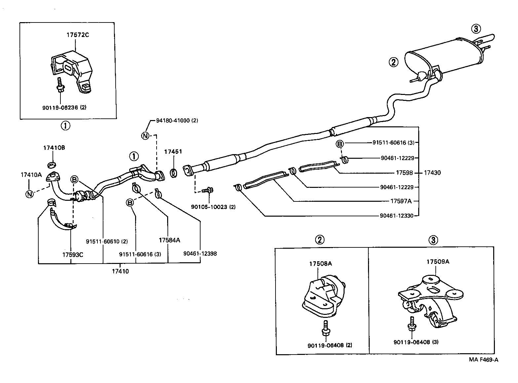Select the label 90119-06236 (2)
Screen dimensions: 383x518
[64, 107]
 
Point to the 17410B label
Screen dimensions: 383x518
[54, 148]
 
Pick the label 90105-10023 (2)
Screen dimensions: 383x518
[213, 207]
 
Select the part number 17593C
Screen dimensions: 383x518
[72, 255]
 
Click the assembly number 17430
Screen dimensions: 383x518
[432, 173]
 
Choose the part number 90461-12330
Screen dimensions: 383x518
[397, 216]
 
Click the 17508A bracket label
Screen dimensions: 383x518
[320, 264]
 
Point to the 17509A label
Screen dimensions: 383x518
[438, 262]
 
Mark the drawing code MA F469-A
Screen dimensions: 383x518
[483, 360]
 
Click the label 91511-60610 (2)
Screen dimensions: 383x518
[107, 241]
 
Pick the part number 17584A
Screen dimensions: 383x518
[169, 240]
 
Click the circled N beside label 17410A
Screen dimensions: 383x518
[30, 194]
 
